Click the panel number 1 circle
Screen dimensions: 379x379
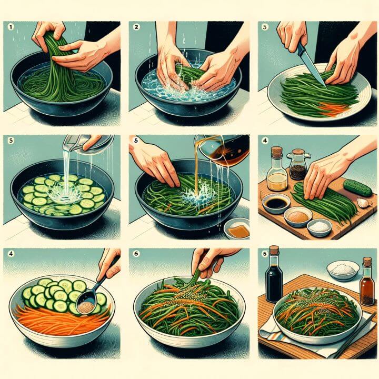tap(11, 27)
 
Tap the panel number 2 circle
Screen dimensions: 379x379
tap(136, 27)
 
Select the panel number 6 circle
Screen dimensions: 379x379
tap(136, 254)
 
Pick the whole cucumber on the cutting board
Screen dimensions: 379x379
tap(357, 188)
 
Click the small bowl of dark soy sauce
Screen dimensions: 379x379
tap(276, 204)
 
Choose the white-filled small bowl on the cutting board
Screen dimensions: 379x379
tap(320, 227)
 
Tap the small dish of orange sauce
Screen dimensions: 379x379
tap(237, 228)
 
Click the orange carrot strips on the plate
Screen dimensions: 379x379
tap(334, 109)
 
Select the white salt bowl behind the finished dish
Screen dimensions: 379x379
tap(343, 271)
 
